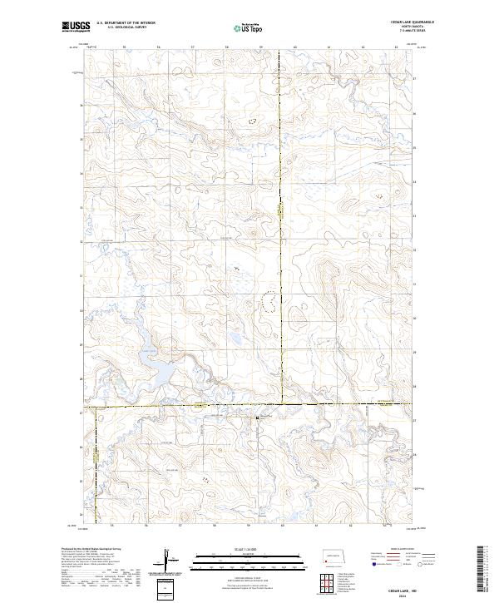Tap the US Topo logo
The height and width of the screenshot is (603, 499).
click(249, 27)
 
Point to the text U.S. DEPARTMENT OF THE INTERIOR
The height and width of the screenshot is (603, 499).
click(126, 22)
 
